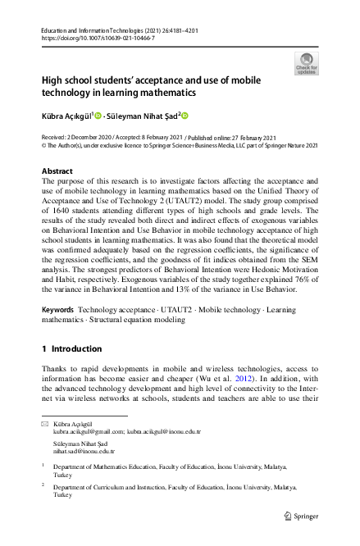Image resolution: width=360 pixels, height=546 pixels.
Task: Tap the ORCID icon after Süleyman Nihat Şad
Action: (x=185, y=116)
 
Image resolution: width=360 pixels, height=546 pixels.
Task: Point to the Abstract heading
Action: (x=57, y=171)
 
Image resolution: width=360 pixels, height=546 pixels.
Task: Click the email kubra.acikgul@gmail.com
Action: (x=90, y=430)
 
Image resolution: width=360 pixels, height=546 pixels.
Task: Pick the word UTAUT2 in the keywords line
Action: (x=176, y=310)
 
